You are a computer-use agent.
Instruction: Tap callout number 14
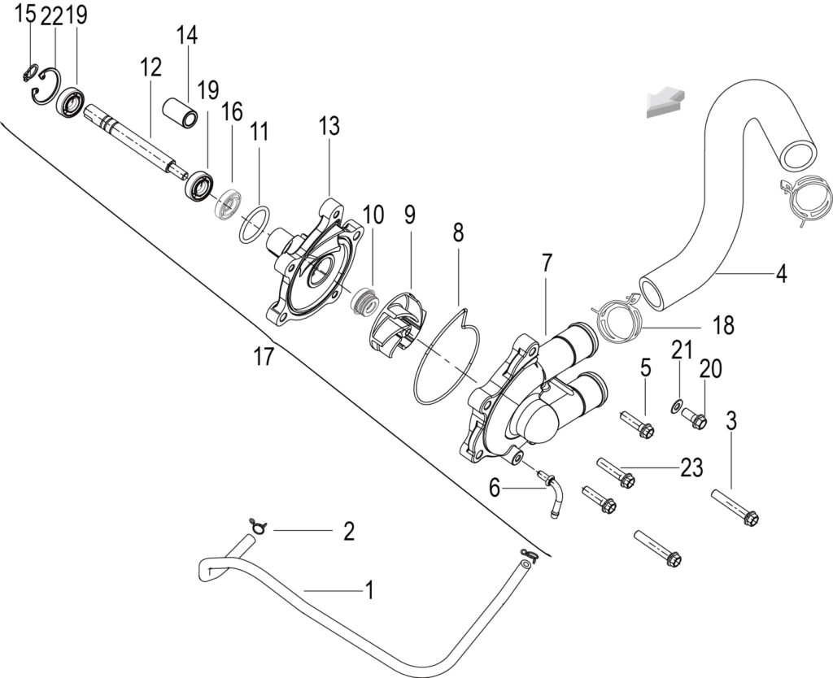coord(187,36)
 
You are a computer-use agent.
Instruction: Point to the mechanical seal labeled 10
coord(364,302)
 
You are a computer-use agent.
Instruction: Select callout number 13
coord(329,127)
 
